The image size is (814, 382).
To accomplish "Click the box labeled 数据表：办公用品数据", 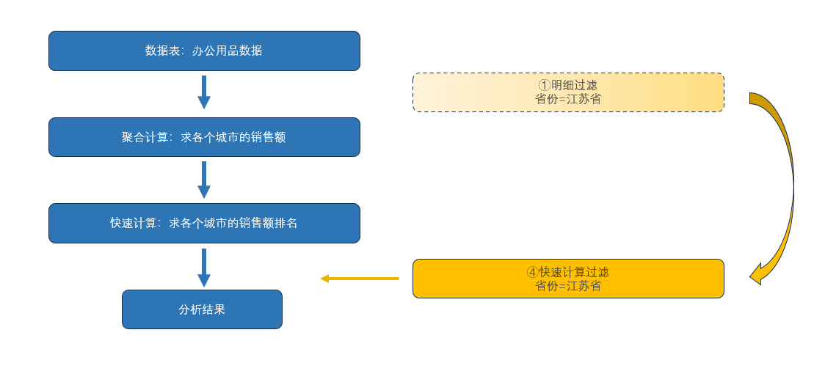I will [204, 51].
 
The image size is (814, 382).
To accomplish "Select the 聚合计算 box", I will [204, 137].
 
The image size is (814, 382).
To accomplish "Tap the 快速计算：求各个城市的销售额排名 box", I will [204, 223].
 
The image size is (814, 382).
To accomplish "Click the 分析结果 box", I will [202, 309].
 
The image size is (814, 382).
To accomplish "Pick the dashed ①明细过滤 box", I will [568, 92].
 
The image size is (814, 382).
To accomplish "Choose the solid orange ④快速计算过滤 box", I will [568, 279].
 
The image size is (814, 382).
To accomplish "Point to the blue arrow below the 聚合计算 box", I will [204, 180].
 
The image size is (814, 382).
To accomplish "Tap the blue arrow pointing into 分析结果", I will [204, 267].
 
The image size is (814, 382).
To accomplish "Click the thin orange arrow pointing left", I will [359, 279].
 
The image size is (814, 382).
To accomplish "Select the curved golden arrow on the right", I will [785, 183].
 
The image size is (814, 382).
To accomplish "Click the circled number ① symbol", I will [544, 86].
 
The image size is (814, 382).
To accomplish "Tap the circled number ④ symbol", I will [533, 273].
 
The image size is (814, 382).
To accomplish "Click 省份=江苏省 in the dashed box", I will [568, 99].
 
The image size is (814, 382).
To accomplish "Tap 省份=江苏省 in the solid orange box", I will [568, 286].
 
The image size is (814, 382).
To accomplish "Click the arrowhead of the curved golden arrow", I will [756, 275].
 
